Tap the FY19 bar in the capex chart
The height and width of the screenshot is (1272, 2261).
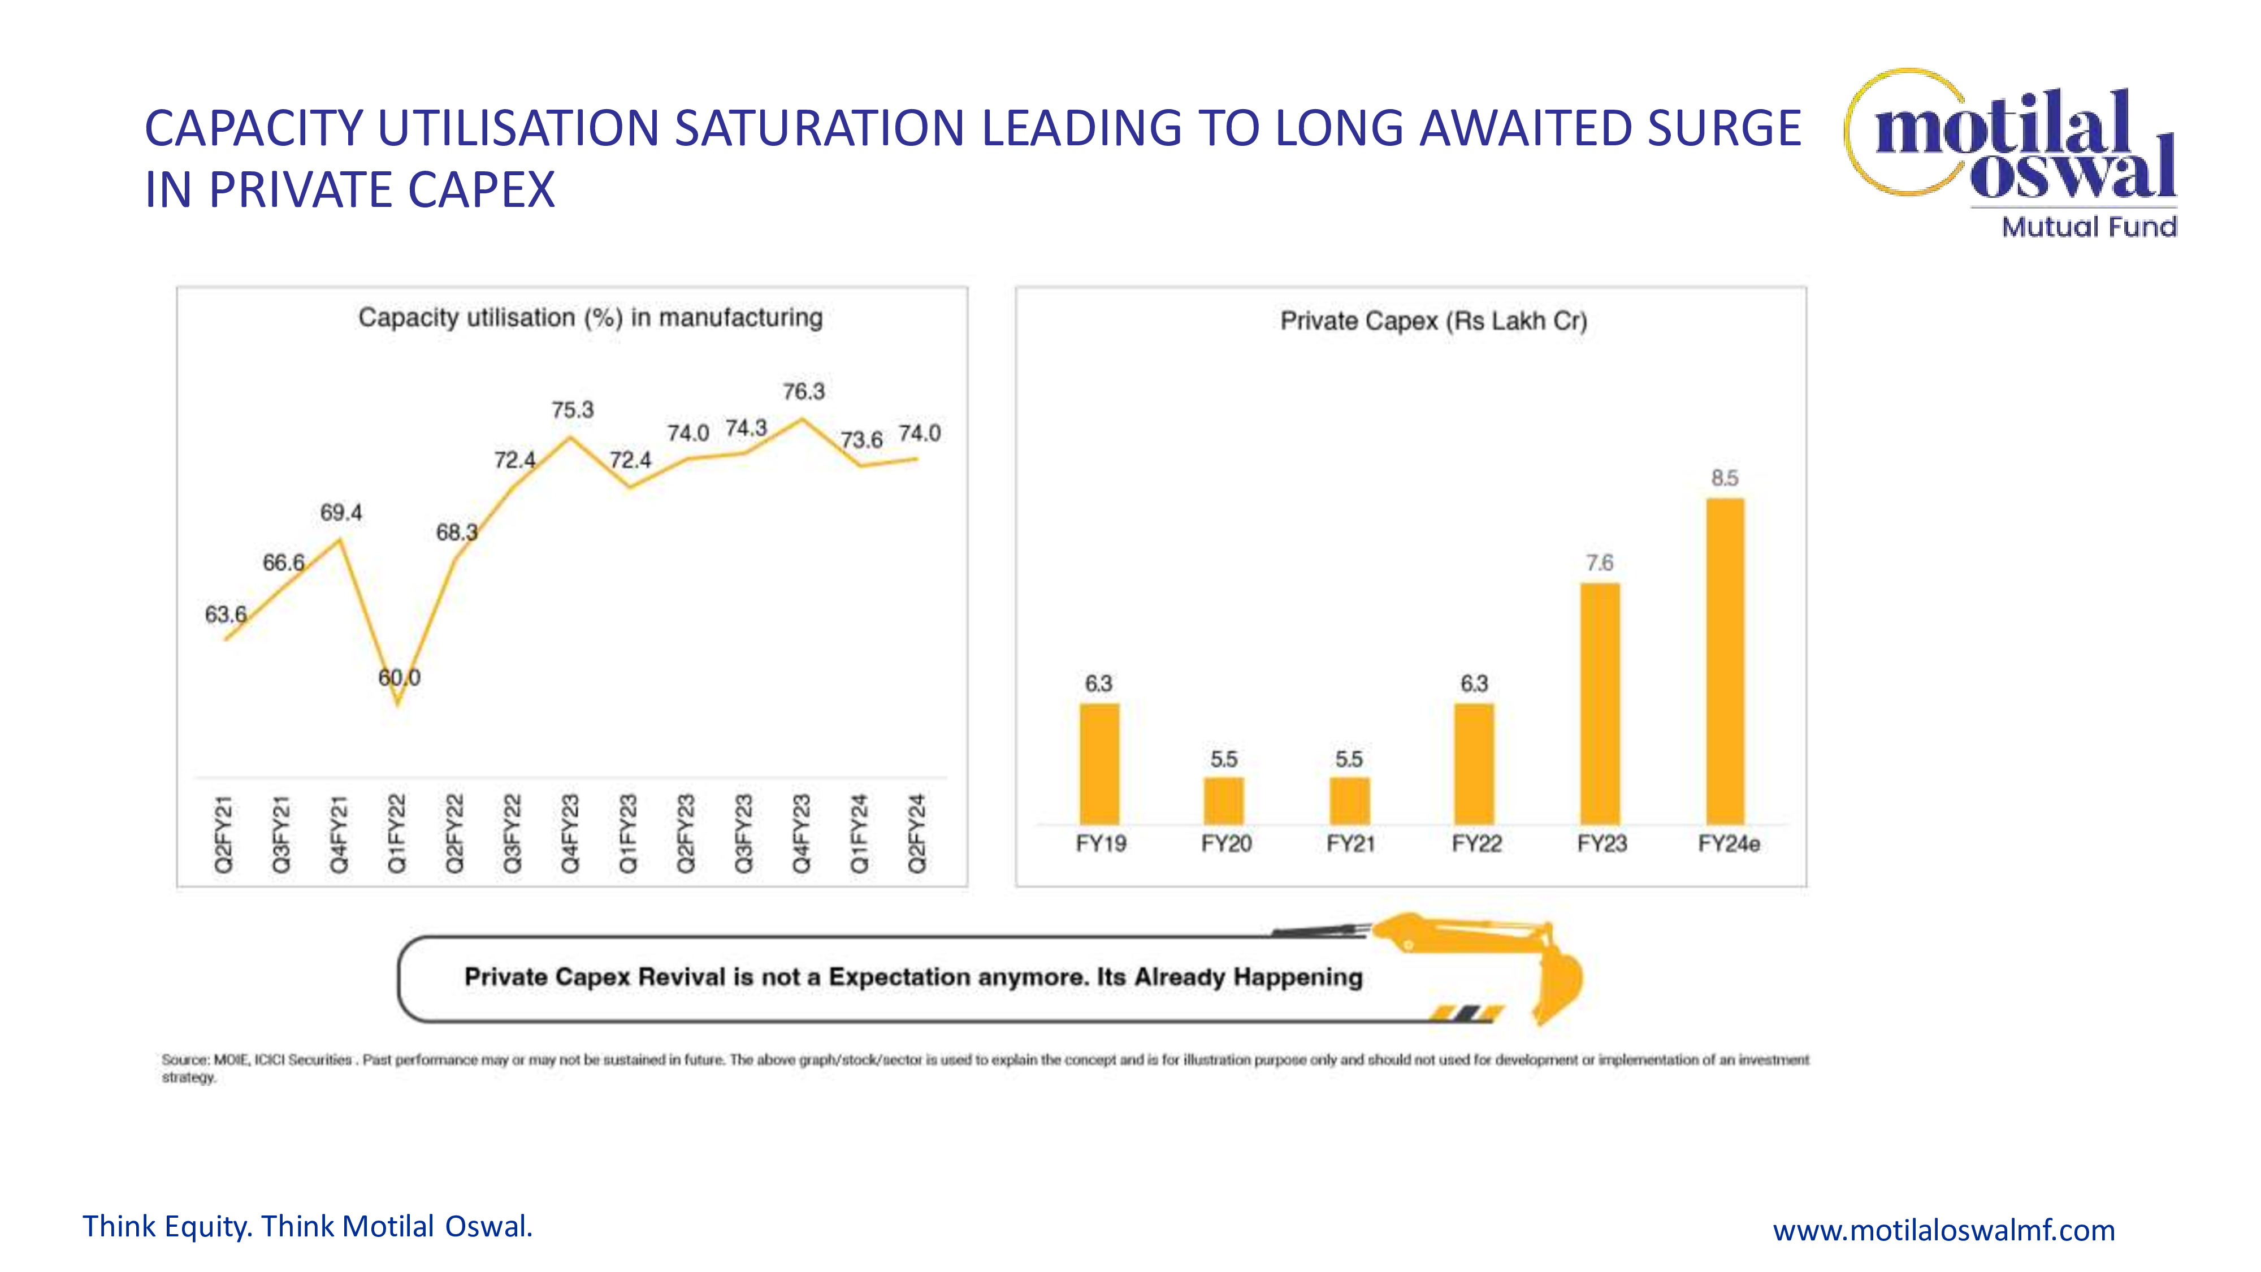click(1099, 764)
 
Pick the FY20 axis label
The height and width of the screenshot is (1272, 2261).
click(1225, 843)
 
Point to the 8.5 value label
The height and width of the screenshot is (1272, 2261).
click(1725, 478)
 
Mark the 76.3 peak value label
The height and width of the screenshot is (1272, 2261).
click(804, 392)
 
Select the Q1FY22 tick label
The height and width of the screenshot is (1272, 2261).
click(397, 834)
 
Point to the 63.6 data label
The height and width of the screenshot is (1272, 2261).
click(226, 615)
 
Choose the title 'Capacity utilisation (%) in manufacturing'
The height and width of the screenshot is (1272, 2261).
click(590, 318)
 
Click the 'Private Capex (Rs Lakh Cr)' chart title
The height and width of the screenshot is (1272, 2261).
click(1433, 321)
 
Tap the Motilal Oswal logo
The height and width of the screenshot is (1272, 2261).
click(2015, 154)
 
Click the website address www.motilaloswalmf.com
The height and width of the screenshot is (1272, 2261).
click(1943, 1230)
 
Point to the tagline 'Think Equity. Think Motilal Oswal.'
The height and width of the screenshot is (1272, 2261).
click(307, 1226)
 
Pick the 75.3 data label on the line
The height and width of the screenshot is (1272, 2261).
click(572, 410)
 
